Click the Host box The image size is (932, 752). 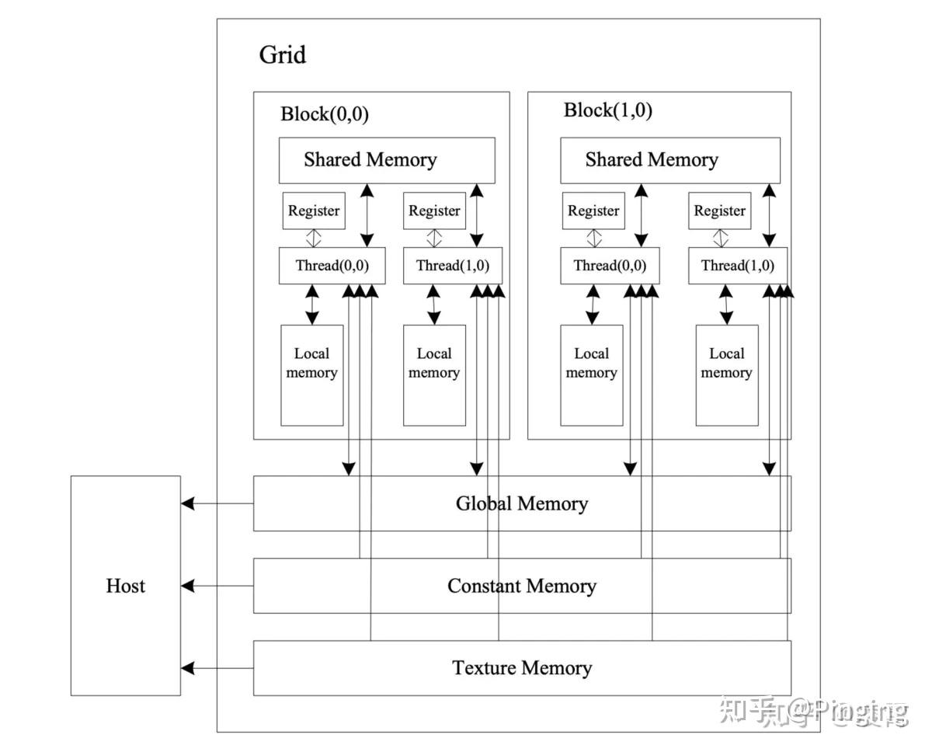point(125,585)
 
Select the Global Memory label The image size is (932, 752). point(521,503)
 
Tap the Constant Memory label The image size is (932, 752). point(521,586)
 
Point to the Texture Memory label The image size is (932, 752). point(521,667)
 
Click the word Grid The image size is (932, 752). point(283,55)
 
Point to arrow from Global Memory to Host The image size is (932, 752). point(217,503)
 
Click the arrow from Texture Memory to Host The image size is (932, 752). point(217,667)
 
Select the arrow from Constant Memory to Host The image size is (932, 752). point(217,585)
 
